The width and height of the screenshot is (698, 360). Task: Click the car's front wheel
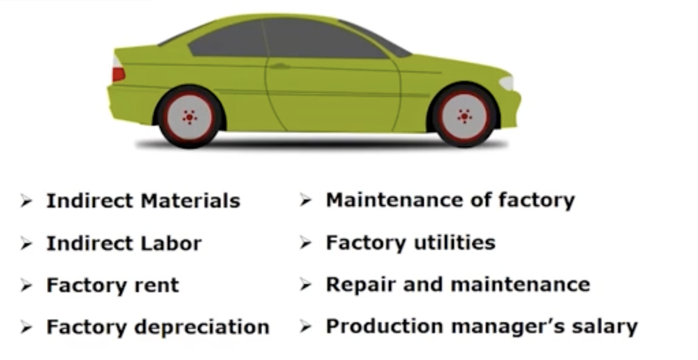[464, 116]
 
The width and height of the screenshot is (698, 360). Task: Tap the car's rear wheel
[189, 117]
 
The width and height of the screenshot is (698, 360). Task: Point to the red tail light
[118, 74]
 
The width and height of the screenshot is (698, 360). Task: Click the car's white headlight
[507, 83]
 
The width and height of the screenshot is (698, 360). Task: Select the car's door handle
[279, 66]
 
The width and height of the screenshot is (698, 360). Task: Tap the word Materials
[190, 201]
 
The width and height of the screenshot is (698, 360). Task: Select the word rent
[157, 286]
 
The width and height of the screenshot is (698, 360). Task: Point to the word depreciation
[202, 327]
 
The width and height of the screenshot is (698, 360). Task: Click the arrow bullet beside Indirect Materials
[26, 201]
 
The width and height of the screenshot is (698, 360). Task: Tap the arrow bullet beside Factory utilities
[306, 243]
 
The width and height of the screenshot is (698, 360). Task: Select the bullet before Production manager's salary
[306, 326]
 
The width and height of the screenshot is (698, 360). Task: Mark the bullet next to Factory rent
[26, 286]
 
